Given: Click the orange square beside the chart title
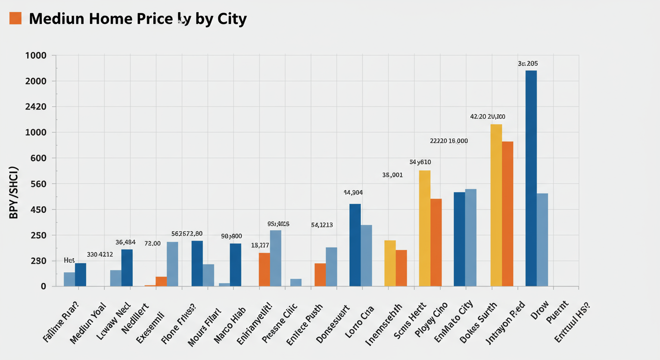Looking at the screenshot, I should [x=15, y=18].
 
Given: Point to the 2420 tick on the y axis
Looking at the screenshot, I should [x=35, y=106].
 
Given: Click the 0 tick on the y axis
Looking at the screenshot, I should [x=43, y=286].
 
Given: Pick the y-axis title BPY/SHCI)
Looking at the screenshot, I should [x=14, y=193].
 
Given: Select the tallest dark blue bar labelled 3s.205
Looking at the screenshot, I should [x=531, y=178].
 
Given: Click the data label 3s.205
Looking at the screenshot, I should [x=527, y=63].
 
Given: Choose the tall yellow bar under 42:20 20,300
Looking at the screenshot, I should [x=496, y=205].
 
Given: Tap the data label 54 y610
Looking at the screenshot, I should [x=420, y=162].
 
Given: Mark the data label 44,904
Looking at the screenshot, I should [x=353, y=192].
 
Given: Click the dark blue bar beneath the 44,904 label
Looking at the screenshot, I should [x=355, y=245].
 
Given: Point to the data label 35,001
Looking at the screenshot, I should [x=392, y=175].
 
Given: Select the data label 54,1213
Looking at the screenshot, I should [x=322, y=225].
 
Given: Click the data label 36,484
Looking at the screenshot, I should [x=125, y=242].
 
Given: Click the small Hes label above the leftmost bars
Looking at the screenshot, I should [x=69, y=260].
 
